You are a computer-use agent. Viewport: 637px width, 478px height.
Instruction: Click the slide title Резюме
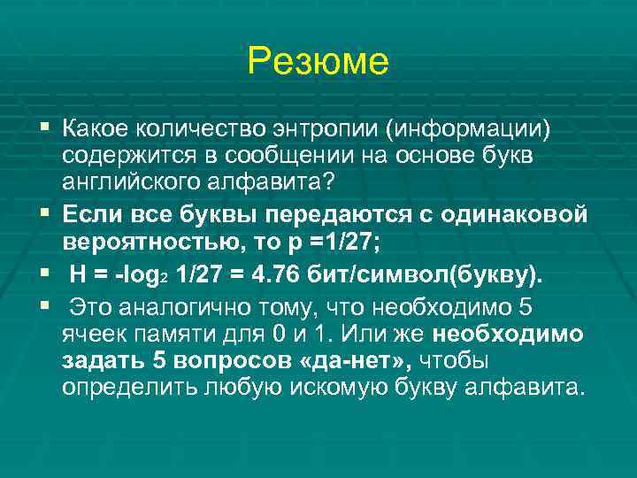point(318,61)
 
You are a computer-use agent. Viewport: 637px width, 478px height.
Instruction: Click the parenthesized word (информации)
point(467,131)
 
